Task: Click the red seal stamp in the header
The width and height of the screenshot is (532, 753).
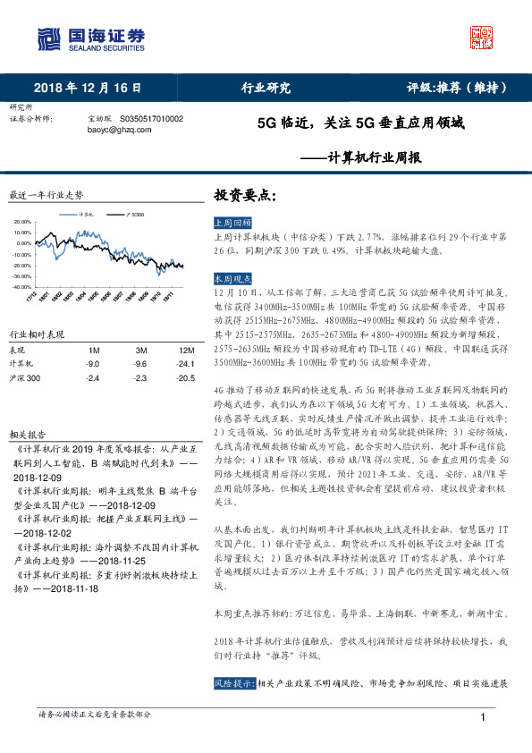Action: tap(483, 37)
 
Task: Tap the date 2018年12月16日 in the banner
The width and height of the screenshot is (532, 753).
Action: tap(88, 88)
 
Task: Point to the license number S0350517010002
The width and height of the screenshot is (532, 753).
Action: tap(152, 118)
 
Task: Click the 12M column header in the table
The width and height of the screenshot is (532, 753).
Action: tap(186, 349)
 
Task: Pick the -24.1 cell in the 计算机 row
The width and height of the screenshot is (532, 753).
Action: tap(186, 364)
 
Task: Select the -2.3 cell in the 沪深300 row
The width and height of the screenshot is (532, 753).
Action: tap(140, 379)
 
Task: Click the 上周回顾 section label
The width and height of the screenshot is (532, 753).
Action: tap(233, 221)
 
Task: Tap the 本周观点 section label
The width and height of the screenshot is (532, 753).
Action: tap(233, 277)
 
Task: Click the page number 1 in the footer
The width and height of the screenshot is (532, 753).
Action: tap(483, 719)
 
